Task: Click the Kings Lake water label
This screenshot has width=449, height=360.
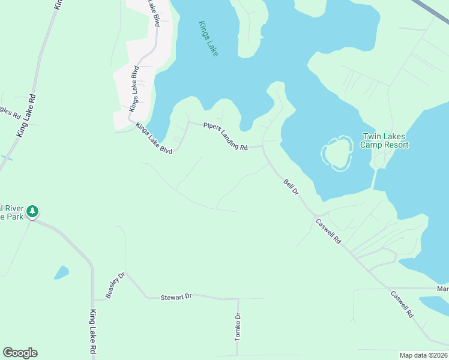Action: pos(208,39)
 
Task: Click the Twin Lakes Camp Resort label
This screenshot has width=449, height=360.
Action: pos(384,141)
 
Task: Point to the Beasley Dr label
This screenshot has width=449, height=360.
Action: pos(115,285)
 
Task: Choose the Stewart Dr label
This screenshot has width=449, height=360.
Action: pos(176,297)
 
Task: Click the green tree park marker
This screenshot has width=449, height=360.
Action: pos(33,211)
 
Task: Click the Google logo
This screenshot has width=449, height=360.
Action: pos(20,353)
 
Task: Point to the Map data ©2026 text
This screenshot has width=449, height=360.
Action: pos(423,355)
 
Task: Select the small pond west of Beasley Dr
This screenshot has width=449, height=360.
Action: pos(61,272)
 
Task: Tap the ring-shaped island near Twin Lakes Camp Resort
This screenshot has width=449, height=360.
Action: pos(337,153)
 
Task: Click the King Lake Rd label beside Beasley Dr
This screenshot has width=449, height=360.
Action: pos(93,331)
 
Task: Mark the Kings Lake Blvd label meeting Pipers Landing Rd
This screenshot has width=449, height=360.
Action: pos(154,138)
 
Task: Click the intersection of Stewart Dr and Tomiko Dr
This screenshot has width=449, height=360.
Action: pos(238,299)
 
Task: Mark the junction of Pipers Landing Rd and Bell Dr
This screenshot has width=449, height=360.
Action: pos(263,146)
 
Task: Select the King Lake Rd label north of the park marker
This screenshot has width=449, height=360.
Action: pos(26,116)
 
